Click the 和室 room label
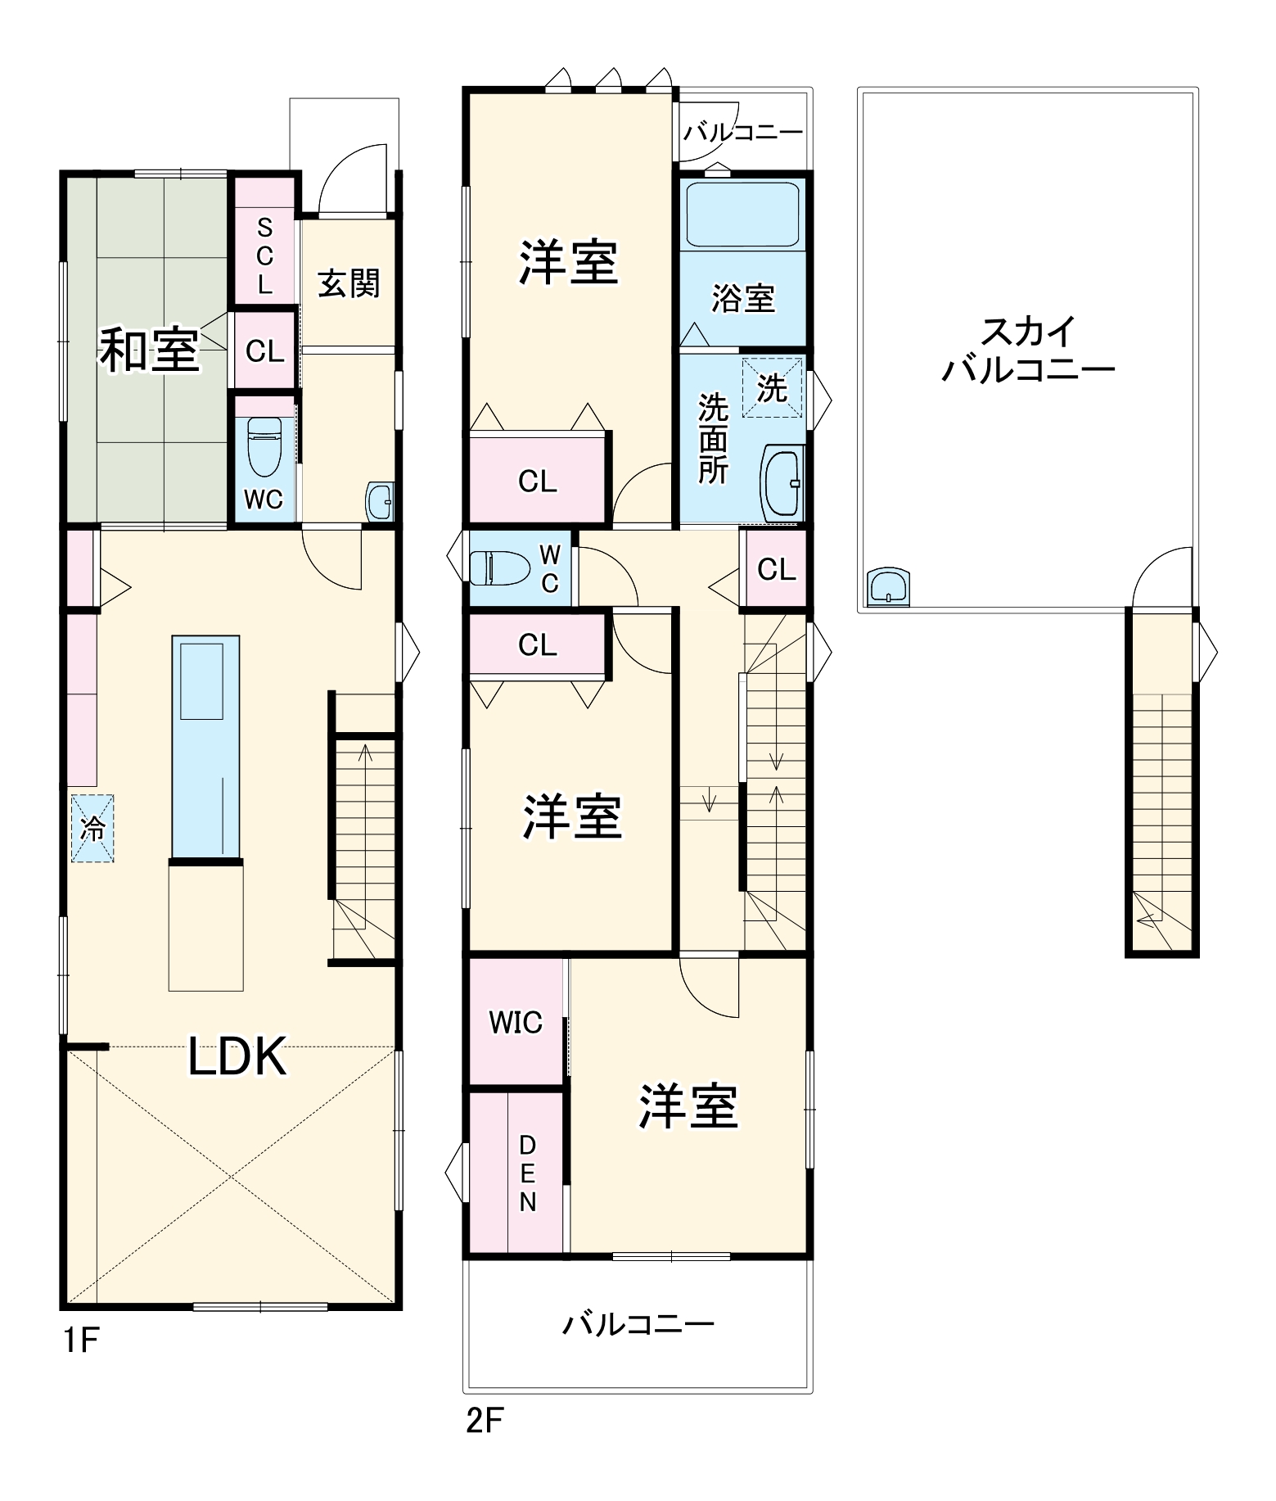pyautogui.click(x=150, y=350)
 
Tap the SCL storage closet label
pyautogui.click(x=264, y=256)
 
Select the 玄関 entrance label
pyautogui.click(x=349, y=283)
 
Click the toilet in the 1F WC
pyautogui.click(x=264, y=446)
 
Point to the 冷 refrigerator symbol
pyautogui.click(x=92, y=828)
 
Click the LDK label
pyautogui.click(x=237, y=1056)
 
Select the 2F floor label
pyautogui.click(x=484, y=1421)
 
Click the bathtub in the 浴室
pyautogui.click(x=742, y=215)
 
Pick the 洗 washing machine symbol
pyautogui.click(x=771, y=387)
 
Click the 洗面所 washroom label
pyautogui.click(x=713, y=439)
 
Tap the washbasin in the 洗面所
pyautogui.click(x=782, y=483)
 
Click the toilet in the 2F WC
pyautogui.click(x=499, y=567)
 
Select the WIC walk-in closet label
pyautogui.click(x=516, y=1023)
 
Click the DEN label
pyautogui.click(x=528, y=1173)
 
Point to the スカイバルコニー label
pyautogui.click(x=1028, y=350)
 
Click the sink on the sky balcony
pyautogui.click(x=889, y=586)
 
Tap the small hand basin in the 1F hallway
pyautogui.click(x=380, y=501)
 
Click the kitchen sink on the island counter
pyautogui.click(x=201, y=681)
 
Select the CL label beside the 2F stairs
pyautogui.click(x=776, y=569)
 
